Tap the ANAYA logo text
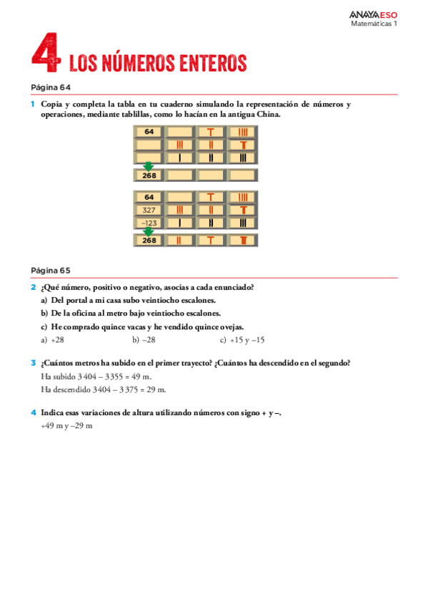coord(365,14)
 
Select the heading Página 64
coord(51,87)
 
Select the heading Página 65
coord(51,270)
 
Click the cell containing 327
coord(149,210)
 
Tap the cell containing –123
coord(149,223)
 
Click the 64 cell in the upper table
coord(149,132)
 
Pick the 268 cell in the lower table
coord(149,241)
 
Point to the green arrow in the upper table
coord(149,166)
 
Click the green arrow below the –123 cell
coord(149,231)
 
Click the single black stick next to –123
coord(179,223)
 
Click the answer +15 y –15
coord(247,340)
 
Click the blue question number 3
coord(33,363)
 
